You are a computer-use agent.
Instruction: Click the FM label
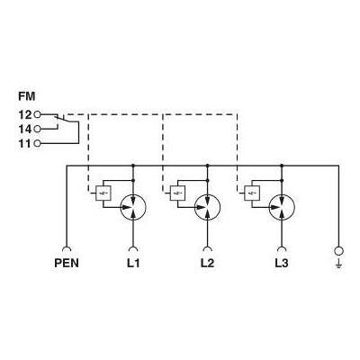coord(27,96)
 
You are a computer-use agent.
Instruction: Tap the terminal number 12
coord(25,114)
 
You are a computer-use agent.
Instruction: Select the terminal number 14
coord(25,130)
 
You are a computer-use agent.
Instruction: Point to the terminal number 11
coord(25,144)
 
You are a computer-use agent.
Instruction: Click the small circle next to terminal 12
coord(37,114)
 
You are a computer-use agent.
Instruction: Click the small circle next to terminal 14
coord(37,129)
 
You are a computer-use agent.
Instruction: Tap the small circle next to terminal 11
coord(37,144)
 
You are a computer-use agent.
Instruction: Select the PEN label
coord(67,263)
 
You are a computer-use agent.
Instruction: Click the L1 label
coord(133,263)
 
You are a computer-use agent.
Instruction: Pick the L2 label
coord(207,263)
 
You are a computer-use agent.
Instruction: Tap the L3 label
coord(282,263)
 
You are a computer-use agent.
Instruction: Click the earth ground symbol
coord(338,265)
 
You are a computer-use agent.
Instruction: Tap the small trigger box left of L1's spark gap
coord(103,193)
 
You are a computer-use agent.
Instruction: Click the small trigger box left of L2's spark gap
coord(177,193)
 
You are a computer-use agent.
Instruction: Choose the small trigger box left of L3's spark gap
coord(252,193)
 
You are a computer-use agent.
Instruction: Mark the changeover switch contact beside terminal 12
coord(63,119)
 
